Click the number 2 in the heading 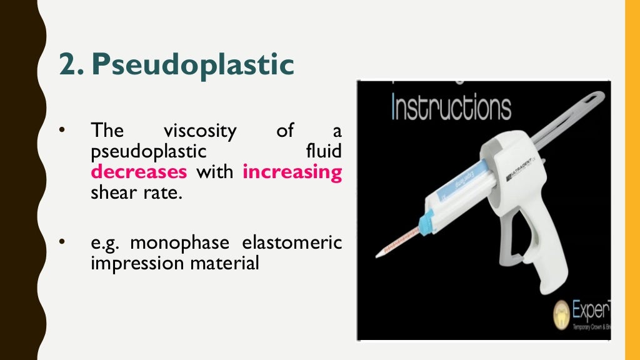click(x=66, y=65)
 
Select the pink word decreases click(x=139, y=172)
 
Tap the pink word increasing click(x=292, y=172)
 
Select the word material click(x=222, y=263)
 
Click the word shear click(x=111, y=192)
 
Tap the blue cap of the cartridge click(x=426, y=222)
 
